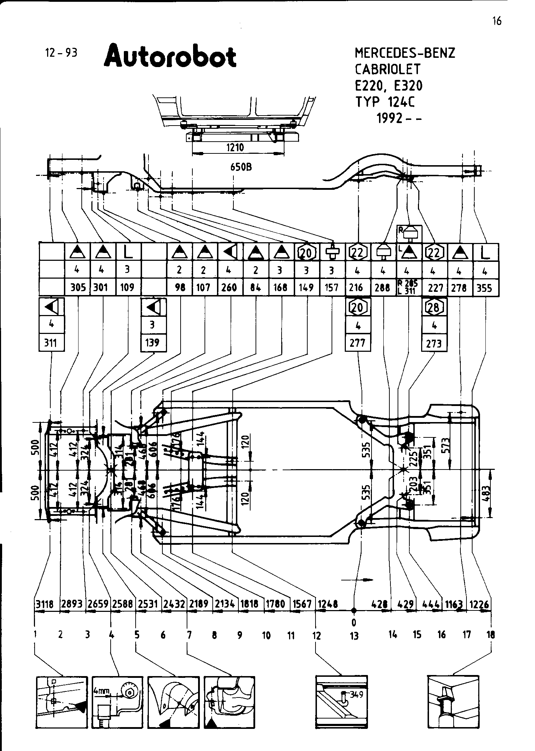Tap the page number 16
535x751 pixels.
496,21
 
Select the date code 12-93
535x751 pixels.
61,53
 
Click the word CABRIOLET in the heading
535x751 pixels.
388,69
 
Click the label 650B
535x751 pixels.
241,167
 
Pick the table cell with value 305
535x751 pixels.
78,287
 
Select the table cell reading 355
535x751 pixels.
484,288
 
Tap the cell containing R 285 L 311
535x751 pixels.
409,287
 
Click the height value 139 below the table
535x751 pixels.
152,342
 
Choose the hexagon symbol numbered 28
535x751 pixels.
434,307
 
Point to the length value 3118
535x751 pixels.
44,604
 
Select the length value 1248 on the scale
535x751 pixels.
327,604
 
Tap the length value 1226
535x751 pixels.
479,604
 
